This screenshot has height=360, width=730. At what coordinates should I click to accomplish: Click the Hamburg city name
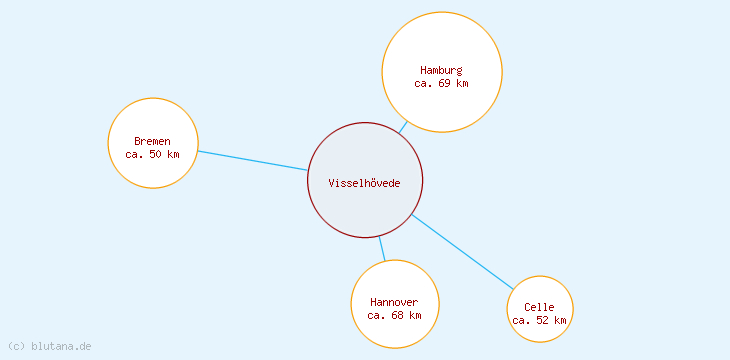pyautogui.click(x=441, y=70)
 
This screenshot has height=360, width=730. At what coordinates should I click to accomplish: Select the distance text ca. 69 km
pyautogui.click(x=441, y=83)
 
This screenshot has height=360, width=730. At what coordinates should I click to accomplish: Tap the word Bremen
pyautogui.click(x=152, y=141)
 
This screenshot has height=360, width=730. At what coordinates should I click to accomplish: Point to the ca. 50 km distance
pyautogui.click(x=152, y=154)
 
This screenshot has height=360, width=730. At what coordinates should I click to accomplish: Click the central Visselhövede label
pyautogui.click(x=364, y=182)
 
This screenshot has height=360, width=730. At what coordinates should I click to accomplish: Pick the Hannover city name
pyautogui.click(x=394, y=302)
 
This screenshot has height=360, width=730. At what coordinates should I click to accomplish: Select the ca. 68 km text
pyautogui.click(x=394, y=315)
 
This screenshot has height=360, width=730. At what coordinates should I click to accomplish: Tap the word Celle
pyautogui.click(x=539, y=307)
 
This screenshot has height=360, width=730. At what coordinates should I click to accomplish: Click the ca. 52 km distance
pyautogui.click(x=539, y=320)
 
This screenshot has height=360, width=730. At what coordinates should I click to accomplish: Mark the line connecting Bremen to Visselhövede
pyautogui.click(x=252, y=160)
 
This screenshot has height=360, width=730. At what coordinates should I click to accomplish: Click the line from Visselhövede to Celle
pyautogui.click(x=462, y=251)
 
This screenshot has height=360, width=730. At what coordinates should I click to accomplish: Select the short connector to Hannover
pyautogui.click(x=381, y=249)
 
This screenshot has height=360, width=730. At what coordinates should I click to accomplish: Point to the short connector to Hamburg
pyautogui.click(x=403, y=127)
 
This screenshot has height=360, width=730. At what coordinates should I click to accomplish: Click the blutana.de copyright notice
pyautogui.click(x=49, y=346)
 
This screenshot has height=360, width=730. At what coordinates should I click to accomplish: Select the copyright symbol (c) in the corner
pyautogui.click(x=15, y=346)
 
